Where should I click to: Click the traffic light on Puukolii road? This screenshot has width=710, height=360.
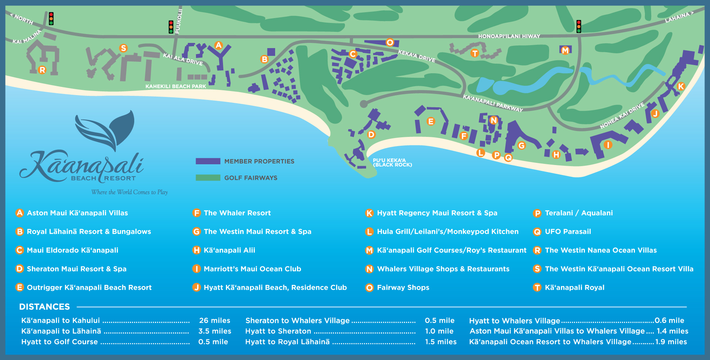(x=171, y=27)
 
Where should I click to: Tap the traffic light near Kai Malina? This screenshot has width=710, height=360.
(x=51, y=18)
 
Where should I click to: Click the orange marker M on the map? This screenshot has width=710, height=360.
(x=565, y=50)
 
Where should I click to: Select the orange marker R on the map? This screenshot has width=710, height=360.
(x=42, y=70)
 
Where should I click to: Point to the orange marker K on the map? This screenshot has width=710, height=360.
(x=681, y=86)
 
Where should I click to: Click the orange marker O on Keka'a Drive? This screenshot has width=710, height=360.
(x=390, y=43)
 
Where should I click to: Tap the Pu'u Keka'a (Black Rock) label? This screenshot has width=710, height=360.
(x=392, y=163)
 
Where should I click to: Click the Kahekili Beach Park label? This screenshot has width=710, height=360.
(x=176, y=87)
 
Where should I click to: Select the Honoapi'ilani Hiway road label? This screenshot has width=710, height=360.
(x=509, y=36)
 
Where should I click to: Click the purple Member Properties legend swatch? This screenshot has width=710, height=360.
(x=208, y=161)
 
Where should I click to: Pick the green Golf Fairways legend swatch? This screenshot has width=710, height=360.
(x=208, y=178)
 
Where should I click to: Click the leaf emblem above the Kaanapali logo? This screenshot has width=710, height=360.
(x=107, y=129)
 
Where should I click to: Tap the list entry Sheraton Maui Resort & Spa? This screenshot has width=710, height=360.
(x=77, y=269)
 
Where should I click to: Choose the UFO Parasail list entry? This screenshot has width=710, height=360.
(x=568, y=232)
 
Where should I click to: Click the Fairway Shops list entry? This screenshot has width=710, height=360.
(x=403, y=287)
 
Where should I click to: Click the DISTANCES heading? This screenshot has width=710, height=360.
(x=44, y=307)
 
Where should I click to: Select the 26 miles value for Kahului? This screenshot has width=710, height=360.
(x=214, y=320)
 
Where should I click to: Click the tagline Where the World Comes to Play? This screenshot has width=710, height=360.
(x=129, y=192)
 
